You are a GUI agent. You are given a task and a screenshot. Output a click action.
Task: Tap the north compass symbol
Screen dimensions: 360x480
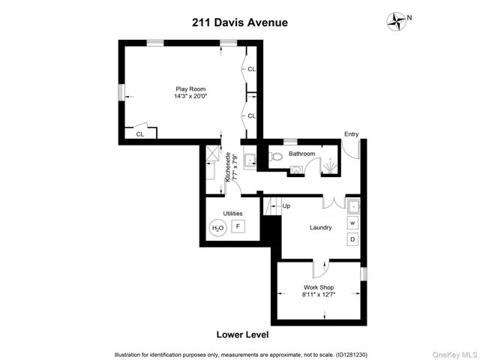click(x=394, y=21)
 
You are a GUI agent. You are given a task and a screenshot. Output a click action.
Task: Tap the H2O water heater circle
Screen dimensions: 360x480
click(x=217, y=228)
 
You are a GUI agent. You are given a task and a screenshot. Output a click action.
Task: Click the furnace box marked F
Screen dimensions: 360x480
click(x=238, y=226)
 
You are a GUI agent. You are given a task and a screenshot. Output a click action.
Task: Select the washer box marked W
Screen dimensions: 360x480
click(x=352, y=223)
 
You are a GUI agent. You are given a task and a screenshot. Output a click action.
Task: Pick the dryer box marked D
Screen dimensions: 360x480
click(x=352, y=239)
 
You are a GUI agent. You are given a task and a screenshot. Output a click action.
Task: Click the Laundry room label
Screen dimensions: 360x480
click(x=320, y=228)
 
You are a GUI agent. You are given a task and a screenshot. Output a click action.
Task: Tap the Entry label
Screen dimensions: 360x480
click(x=351, y=134)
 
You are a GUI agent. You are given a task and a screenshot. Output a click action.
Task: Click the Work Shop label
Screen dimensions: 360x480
click(x=318, y=287)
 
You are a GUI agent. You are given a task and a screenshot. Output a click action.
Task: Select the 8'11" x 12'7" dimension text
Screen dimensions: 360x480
click(x=318, y=295)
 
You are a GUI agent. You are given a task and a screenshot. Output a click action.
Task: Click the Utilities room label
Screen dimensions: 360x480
click(x=223, y=214)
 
